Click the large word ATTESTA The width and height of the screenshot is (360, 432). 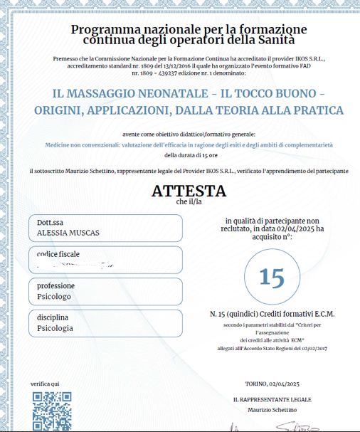[189, 191]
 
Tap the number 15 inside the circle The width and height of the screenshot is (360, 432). [272, 277]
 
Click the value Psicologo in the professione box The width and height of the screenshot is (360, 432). [55, 296]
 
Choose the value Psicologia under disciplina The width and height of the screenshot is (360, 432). [55, 328]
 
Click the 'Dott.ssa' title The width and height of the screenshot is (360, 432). [51, 222]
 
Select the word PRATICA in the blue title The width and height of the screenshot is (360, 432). [320, 110]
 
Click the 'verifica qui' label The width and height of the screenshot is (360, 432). [44, 384]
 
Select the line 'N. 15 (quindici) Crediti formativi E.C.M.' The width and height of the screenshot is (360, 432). [272, 314]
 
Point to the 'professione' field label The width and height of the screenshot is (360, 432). [56, 285]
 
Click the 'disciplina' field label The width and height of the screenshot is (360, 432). [53, 317]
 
